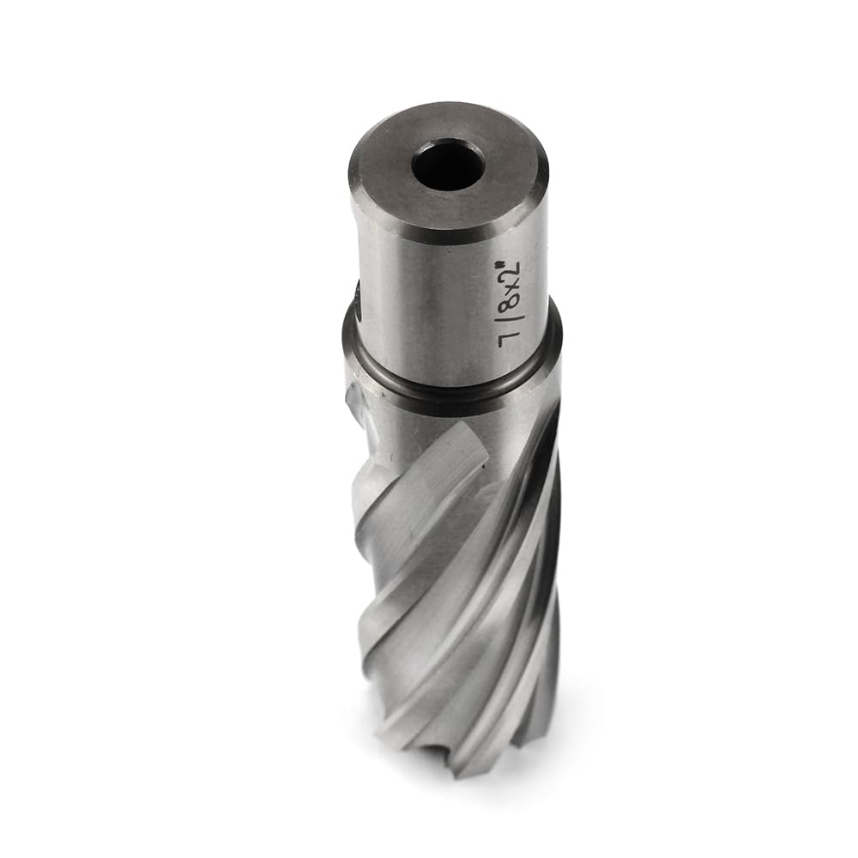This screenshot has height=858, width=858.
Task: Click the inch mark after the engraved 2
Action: [x=517, y=257]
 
